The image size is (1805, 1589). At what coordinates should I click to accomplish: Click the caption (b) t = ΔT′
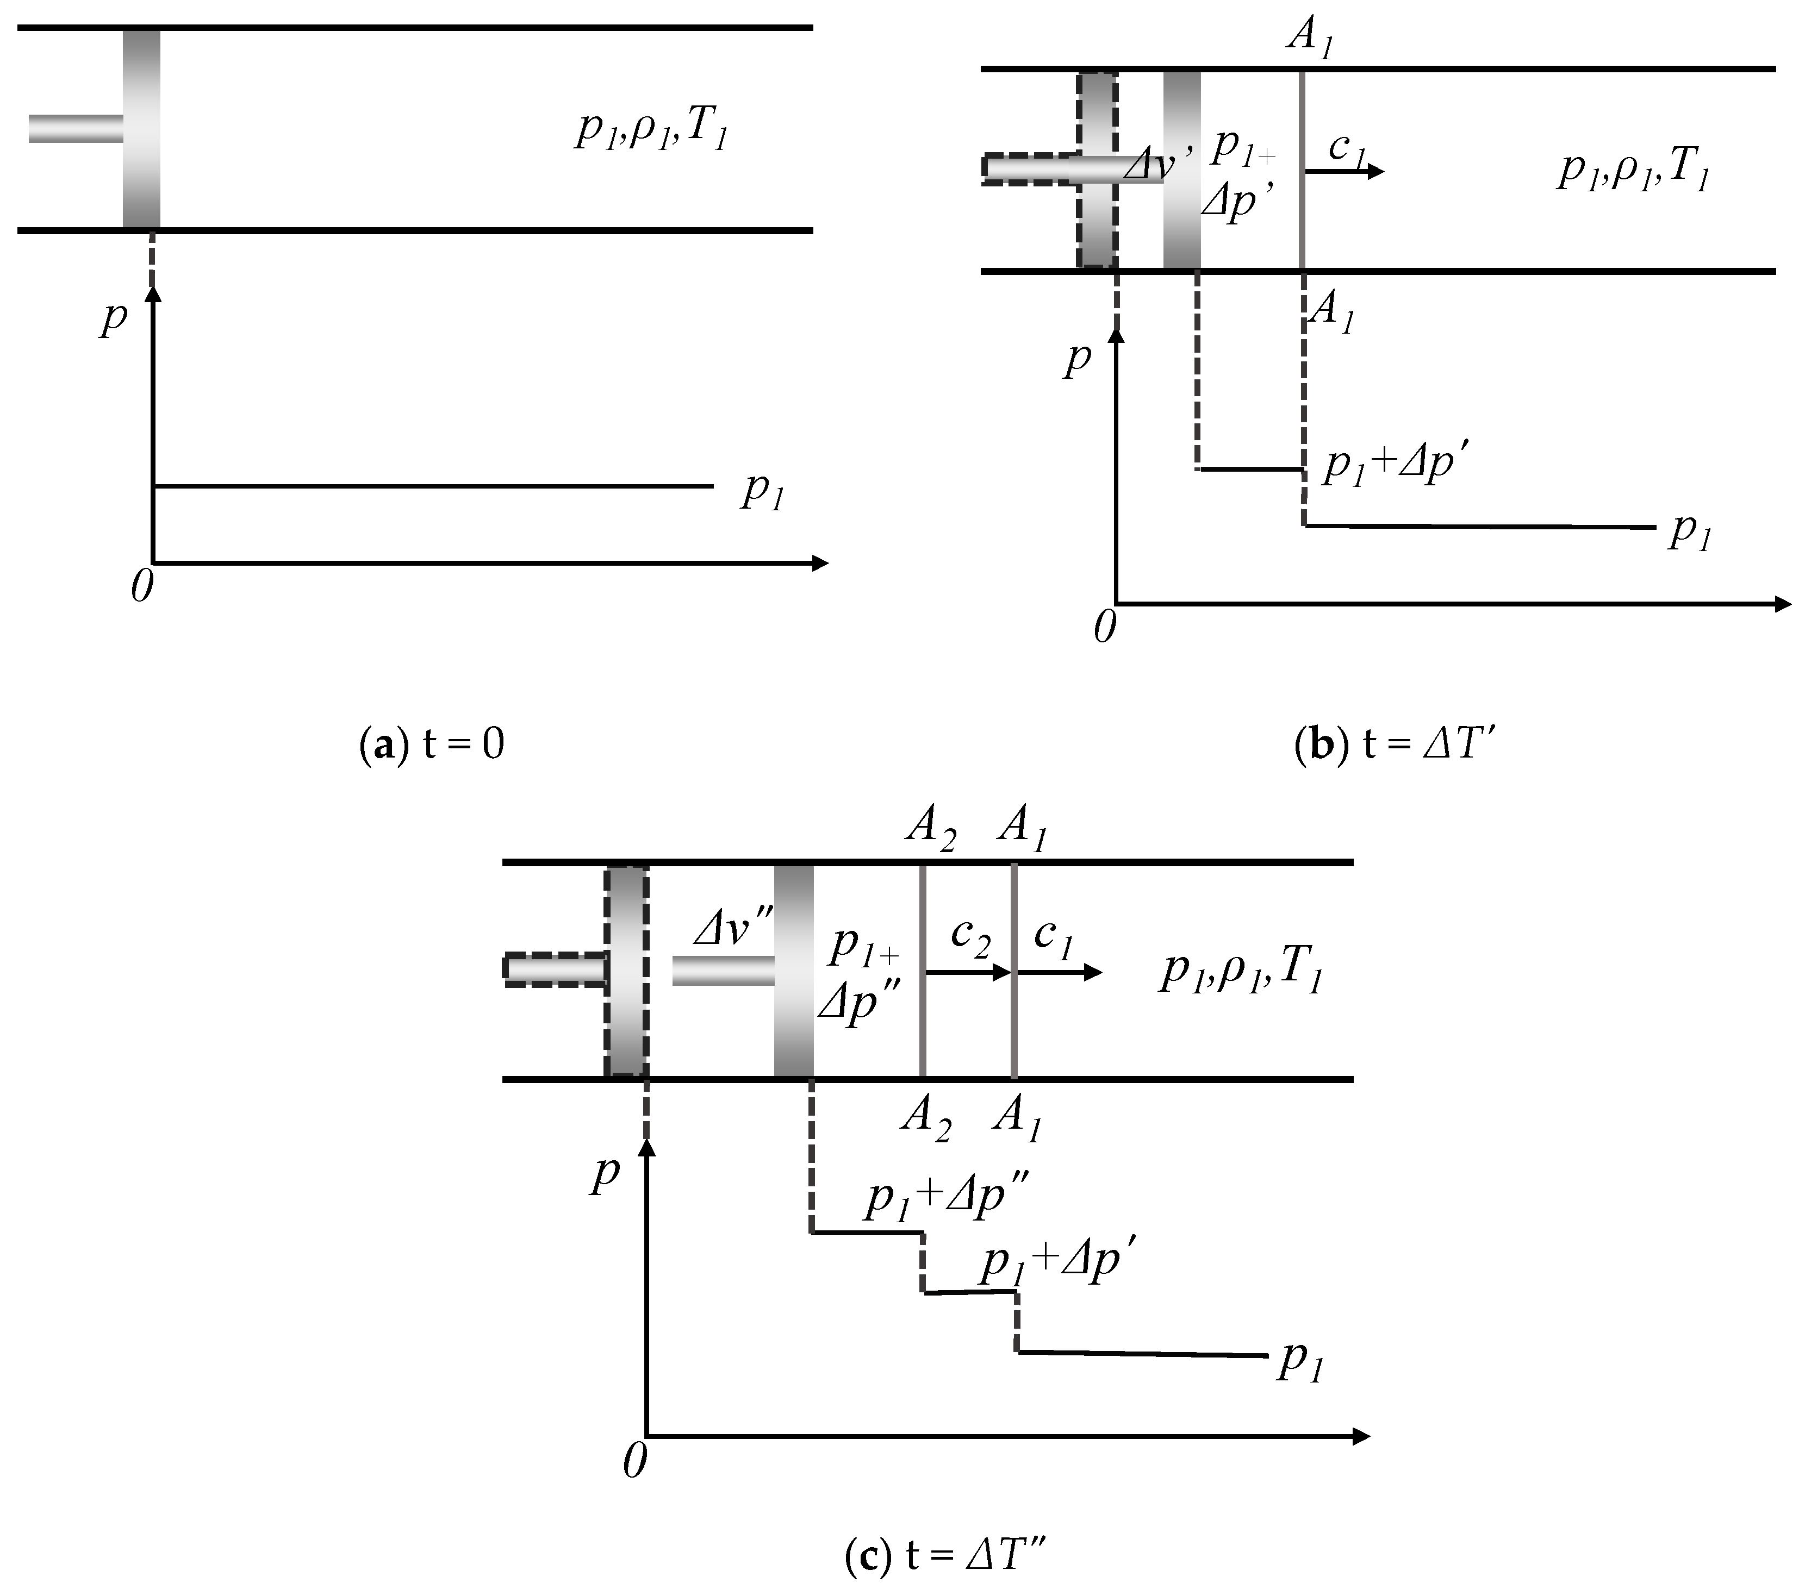click(x=1393, y=744)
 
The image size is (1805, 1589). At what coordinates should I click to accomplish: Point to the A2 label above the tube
click(x=930, y=830)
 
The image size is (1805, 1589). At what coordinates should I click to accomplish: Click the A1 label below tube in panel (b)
click(x=1331, y=311)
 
